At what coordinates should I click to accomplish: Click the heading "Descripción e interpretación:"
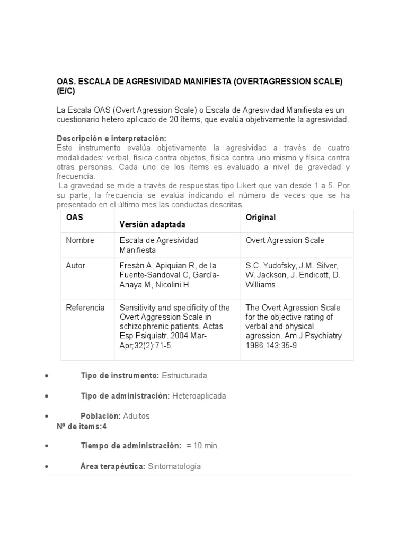(x=111, y=138)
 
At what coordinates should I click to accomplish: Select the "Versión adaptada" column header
(x=153, y=224)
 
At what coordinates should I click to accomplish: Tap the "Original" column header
(x=261, y=218)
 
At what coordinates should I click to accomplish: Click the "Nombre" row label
(x=80, y=240)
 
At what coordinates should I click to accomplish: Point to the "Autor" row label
(x=75, y=265)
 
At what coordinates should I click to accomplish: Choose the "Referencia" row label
(x=85, y=308)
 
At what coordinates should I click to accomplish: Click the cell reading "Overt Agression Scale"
(x=285, y=240)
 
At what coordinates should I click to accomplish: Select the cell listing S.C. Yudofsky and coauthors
(x=293, y=275)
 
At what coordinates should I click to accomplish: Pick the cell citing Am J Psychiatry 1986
(x=294, y=326)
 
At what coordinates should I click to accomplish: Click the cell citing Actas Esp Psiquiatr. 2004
(x=174, y=326)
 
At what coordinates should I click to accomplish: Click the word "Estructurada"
(x=184, y=375)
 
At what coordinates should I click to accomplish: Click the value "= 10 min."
(x=203, y=446)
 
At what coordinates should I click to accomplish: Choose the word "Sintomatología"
(x=174, y=466)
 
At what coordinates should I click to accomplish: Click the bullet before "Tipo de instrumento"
(x=48, y=376)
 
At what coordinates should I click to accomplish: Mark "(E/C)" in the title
(x=66, y=91)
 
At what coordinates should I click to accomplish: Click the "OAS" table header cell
(x=75, y=218)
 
